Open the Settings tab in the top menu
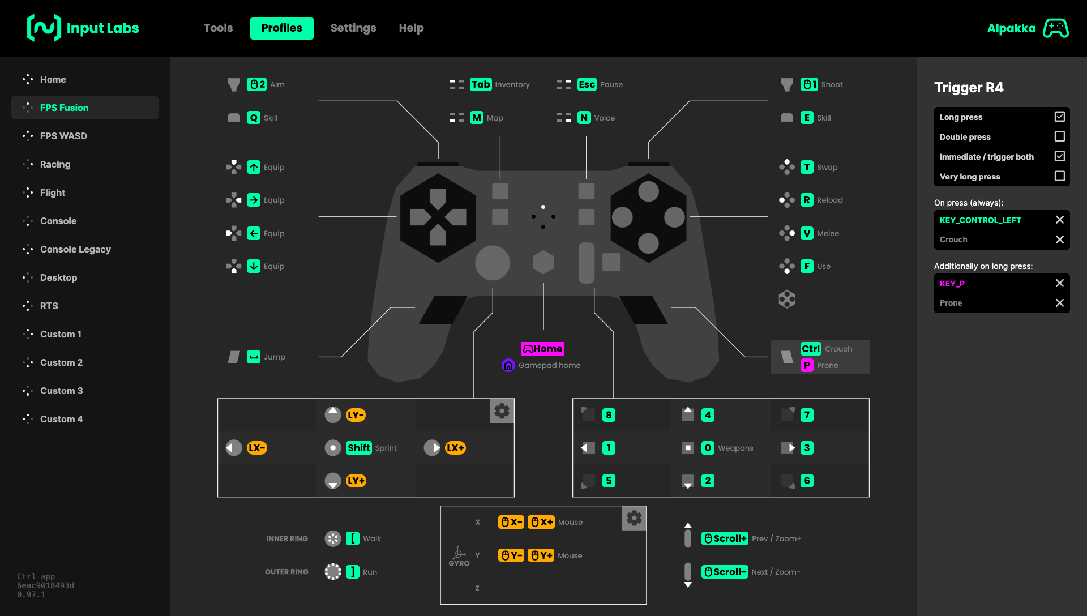353,28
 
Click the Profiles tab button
281,28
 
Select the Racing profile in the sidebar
55,164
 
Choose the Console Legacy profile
75,249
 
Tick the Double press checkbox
1059,136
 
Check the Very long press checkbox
1059,176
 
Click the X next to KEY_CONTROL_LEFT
1059,220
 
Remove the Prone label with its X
1059,303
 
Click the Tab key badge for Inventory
481,84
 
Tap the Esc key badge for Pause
587,84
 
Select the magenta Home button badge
542,349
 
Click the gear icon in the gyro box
634,518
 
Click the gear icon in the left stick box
502,410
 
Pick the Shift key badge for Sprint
359,448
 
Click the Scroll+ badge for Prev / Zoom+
725,538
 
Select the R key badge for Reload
807,200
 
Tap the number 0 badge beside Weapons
708,448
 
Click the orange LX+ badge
455,448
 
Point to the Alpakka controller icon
1056,28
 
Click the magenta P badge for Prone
807,365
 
